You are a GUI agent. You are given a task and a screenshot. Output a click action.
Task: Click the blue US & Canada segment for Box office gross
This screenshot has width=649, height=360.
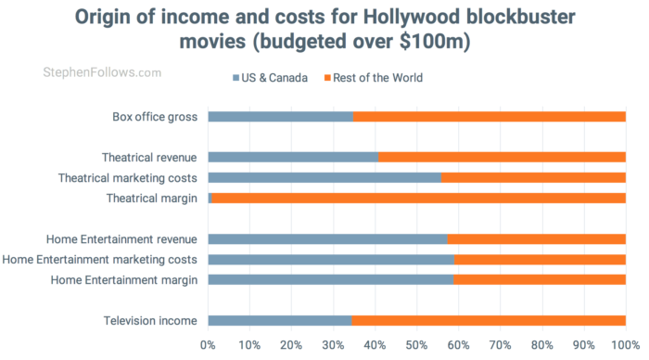[280, 117]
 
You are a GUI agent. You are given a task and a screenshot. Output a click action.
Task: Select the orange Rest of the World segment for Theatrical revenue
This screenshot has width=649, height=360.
[502, 157]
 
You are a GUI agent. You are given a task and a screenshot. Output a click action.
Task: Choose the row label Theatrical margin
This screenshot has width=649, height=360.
[151, 198]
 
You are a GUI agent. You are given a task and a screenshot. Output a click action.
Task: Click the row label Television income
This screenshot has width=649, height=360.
[151, 320]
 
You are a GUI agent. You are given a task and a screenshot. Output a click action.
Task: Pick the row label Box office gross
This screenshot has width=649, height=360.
[153, 117]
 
